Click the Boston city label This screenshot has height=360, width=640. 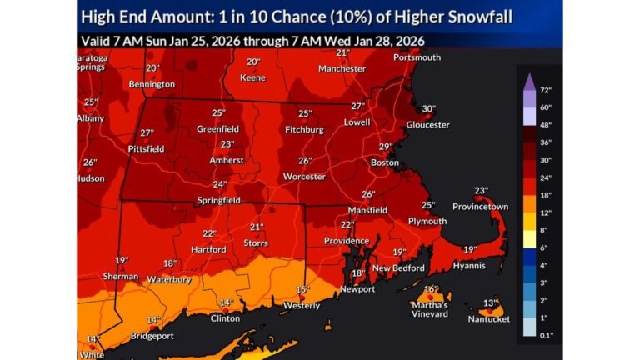pyautogui.click(x=385, y=162)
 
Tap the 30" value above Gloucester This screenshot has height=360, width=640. pyautogui.click(x=428, y=109)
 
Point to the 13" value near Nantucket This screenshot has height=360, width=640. pyautogui.click(x=491, y=302)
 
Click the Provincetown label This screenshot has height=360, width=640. pyautogui.click(x=480, y=206)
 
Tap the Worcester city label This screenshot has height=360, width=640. pyautogui.click(x=303, y=177)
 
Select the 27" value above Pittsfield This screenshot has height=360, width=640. pyautogui.click(x=147, y=133)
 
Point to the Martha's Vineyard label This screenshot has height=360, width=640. pyautogui.click(x=429, y=309)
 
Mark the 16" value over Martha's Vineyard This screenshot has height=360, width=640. pyautogui.click(x=430, y=290)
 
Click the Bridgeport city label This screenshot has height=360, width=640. pyautogui.click(x=152, y=336)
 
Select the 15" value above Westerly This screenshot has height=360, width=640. pyautogui.click(x=302, y=289)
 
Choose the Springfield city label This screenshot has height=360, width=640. pyautogui.click(x=218, y=200)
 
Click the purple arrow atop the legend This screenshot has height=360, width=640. pyautogui.click(x=527, y=80)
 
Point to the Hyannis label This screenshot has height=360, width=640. pyautogui.click(x=470, y=265)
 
